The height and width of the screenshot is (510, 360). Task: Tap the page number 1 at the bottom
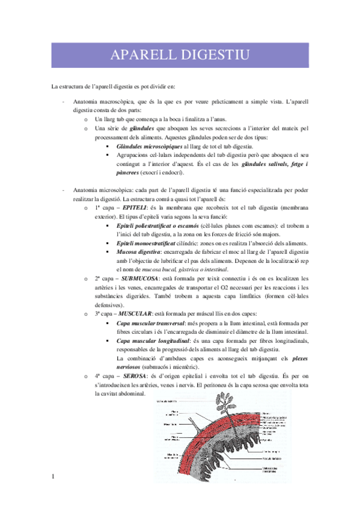[x=53, y=477]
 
